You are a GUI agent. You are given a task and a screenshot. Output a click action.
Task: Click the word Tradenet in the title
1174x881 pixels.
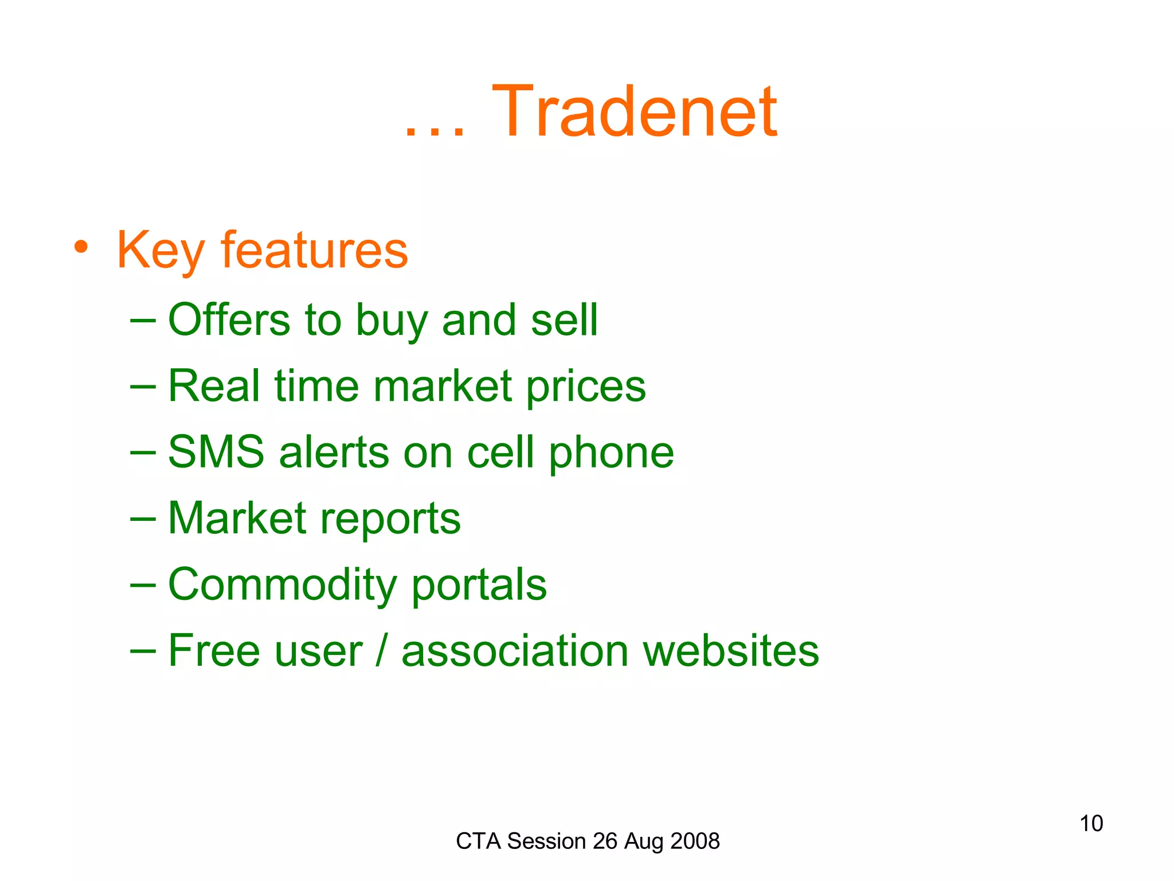pos(634,112)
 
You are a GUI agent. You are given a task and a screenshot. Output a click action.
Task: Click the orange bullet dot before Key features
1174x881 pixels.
pos(81,248)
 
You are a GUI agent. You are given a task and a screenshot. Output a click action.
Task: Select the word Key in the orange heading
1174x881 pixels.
pos(160,251)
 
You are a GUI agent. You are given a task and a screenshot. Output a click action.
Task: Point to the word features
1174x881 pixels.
pos(314,251)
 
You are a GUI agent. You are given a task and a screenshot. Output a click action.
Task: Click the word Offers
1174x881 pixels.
pos(229,319)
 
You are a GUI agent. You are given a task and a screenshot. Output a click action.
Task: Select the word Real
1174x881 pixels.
pos(214,386)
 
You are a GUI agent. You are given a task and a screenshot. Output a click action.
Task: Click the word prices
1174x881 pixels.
pos(586,387)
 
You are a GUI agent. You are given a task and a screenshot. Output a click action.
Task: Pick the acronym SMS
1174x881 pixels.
pos(216,452)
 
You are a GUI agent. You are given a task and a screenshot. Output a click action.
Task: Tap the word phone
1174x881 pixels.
pos(611,453)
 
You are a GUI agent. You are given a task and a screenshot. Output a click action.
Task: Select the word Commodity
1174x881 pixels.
pos(282,585)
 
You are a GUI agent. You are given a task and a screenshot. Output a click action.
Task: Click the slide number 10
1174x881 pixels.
pos(1091,824)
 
